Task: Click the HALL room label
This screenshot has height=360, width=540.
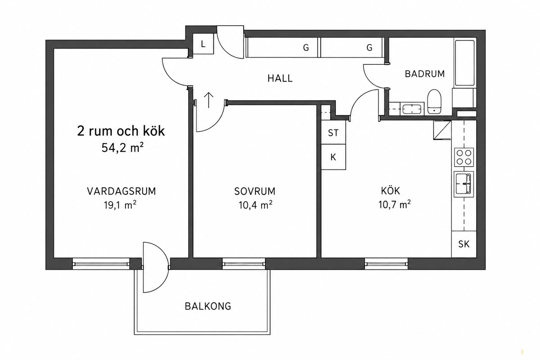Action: coord(280,78)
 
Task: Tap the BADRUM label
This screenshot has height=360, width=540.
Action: coord(425,74)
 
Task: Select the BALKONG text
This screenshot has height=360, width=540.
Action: coord(208,306)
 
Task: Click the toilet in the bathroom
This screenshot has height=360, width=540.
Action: coord(434,102)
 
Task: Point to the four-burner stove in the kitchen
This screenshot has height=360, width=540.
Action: coord(464,157)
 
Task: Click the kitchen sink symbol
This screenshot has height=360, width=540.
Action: coord(464,184)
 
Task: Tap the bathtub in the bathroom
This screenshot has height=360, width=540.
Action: coord(464,63)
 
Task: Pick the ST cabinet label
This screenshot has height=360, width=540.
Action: coord(333,133)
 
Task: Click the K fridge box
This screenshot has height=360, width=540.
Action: coord(333,157)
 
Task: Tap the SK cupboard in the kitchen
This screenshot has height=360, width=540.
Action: coord(464,244)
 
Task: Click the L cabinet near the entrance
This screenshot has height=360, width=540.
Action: coord(203,44)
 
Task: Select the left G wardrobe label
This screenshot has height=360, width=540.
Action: coord(306,48)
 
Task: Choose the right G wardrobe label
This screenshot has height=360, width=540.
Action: coord(369,48)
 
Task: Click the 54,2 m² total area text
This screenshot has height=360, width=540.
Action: coord(123,148)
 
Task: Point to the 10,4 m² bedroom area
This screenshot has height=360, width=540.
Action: coord(256,205)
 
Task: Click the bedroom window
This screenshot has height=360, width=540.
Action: coord(243,264)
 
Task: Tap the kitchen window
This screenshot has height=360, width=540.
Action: coord(386,264)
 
